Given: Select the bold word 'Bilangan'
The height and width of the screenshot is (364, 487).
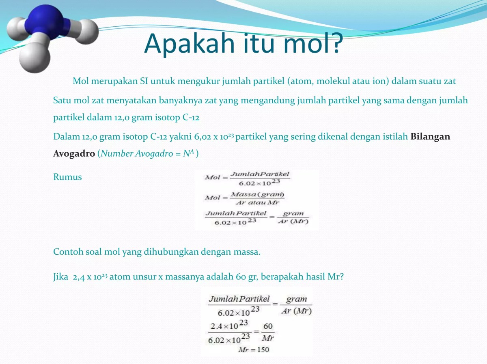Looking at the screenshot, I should tap(430, 136).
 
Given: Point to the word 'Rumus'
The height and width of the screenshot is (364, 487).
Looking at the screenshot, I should tap(67, 177).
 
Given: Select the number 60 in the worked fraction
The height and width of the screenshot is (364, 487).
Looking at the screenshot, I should tap(267, 326).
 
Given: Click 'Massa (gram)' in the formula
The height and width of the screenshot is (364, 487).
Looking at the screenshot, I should tap(257, 195).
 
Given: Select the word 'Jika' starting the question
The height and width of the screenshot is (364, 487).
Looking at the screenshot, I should tap(61, 277).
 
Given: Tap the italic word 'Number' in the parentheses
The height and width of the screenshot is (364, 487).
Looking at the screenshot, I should tap(116, 154).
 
